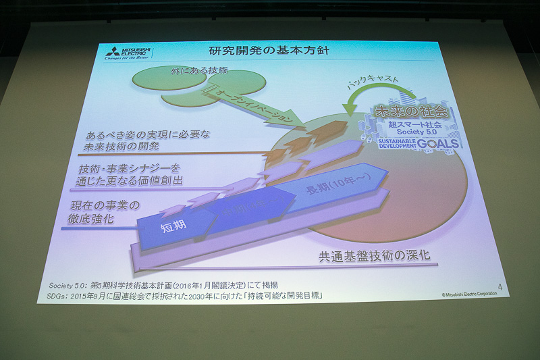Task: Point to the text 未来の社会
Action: [x=411, y=110]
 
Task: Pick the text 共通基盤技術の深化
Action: [x=374, y=255]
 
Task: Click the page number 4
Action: [x=500, y=287]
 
